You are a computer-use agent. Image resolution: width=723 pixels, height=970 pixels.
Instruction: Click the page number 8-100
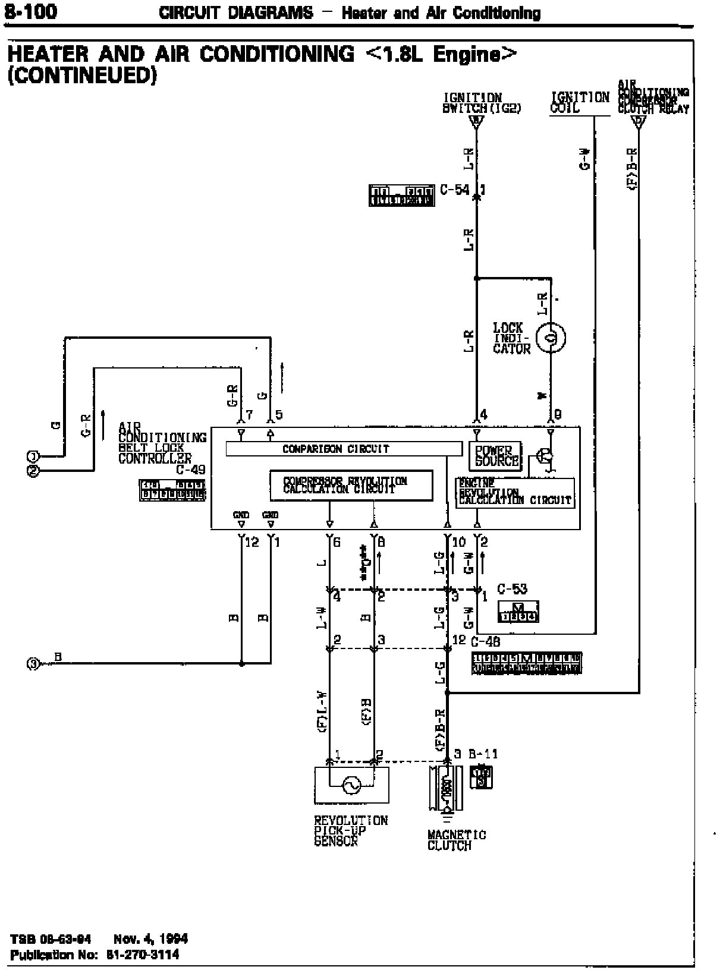30,12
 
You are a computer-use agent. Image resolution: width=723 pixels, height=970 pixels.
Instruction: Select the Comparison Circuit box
344,449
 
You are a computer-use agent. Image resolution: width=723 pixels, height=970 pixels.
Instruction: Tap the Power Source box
495,456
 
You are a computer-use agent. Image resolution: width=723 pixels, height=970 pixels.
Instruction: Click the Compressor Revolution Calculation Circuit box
351,486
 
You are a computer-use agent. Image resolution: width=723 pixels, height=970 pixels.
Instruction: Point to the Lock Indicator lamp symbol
551,339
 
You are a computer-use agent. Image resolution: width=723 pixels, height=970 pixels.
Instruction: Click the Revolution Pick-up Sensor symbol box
351,785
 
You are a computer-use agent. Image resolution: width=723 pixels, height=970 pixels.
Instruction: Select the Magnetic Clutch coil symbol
445,788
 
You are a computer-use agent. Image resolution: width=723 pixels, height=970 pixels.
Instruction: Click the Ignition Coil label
580,102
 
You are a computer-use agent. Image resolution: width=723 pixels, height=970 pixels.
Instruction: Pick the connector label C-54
454,190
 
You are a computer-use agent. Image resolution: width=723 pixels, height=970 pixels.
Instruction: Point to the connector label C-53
512,589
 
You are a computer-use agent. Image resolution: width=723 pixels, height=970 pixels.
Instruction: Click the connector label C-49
190,470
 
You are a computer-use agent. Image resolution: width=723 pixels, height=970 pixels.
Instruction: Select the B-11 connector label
483,754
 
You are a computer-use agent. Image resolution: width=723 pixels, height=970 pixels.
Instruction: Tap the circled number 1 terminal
34,456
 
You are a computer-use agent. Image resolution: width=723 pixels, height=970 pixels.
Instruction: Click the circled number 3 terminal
34,663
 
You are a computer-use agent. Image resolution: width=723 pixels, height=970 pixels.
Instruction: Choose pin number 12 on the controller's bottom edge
252,542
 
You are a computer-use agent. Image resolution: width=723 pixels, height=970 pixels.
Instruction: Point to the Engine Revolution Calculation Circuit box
515,493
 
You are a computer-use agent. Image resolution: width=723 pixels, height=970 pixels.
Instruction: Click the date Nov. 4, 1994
150,939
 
